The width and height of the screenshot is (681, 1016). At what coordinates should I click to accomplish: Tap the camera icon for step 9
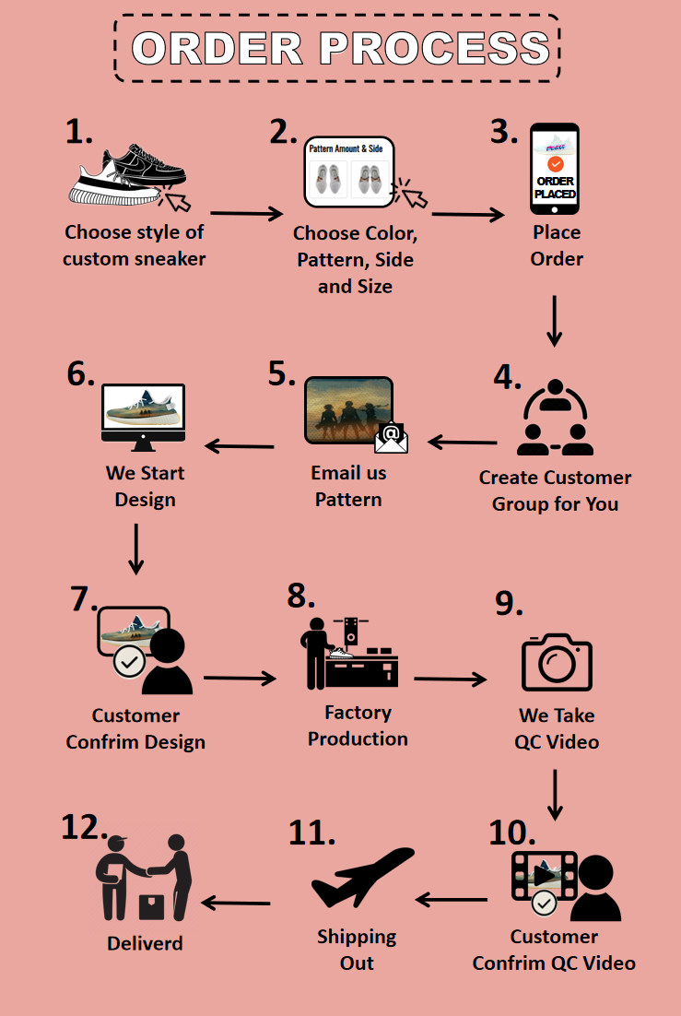(x=557, y=662)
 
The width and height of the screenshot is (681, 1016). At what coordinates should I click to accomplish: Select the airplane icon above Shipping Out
(x=361, y=877)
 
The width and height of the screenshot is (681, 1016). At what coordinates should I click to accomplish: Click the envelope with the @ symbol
(x=391, y=436)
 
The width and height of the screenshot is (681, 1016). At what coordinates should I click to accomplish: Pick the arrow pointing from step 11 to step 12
(x=236, y=903)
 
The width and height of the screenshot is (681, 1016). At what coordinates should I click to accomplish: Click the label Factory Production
(x=358, y=726)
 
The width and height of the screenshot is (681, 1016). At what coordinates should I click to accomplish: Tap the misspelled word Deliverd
(x=145, y=943)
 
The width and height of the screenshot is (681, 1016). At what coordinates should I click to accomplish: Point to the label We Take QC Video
(x=557, y=728)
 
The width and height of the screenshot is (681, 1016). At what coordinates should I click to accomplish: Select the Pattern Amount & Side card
(x=349, y=171)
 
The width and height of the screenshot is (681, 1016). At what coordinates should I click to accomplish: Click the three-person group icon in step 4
(x=555, y=420)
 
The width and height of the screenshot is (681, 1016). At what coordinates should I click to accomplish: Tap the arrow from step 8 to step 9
(x=450, y=679)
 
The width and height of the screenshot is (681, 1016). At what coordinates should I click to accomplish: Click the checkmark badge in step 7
(x=126, y=662)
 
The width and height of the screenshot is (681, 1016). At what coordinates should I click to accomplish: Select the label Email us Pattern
(x=348, y=486)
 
